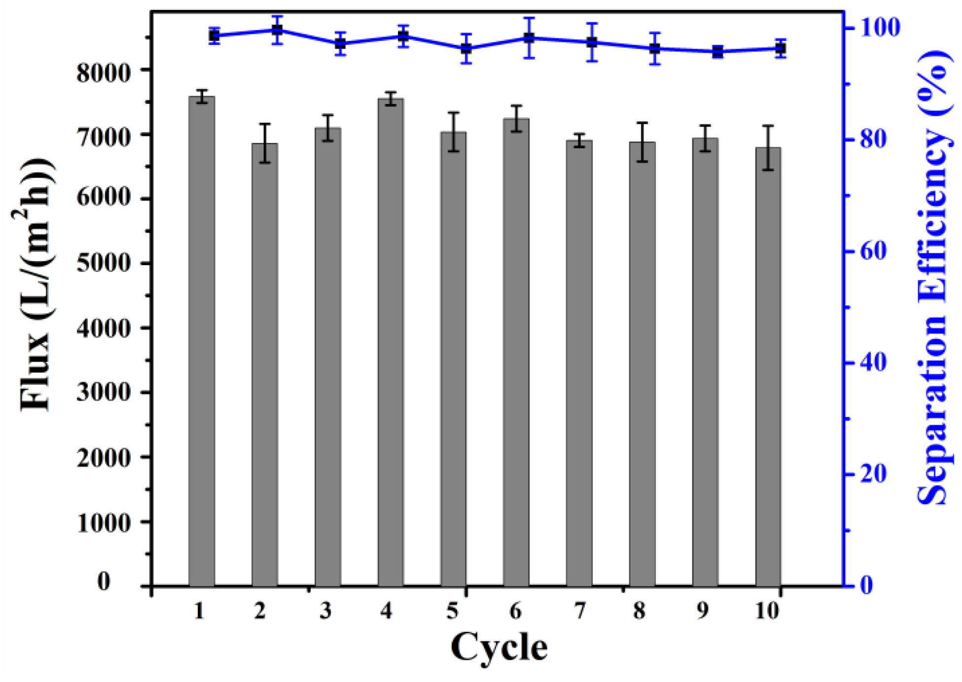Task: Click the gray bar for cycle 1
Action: [x=202, y=340]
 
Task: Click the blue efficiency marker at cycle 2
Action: [x=277, y=30]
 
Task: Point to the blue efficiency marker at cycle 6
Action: [x=529, y=38]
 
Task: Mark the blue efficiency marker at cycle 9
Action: [x=717, y=52]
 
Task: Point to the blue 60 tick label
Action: [x=873, y=251]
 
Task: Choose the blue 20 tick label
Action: [x=873, y=475]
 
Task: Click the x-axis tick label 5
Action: [x=452, y=612]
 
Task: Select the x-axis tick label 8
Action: [x=639, y=612]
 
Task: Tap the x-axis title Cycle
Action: [x=499, y=647]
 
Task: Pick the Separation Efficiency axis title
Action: [x=934, y=276]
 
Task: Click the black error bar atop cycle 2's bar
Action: [x=265, y=143]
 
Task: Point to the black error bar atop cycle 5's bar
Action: [x=453, y=132]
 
